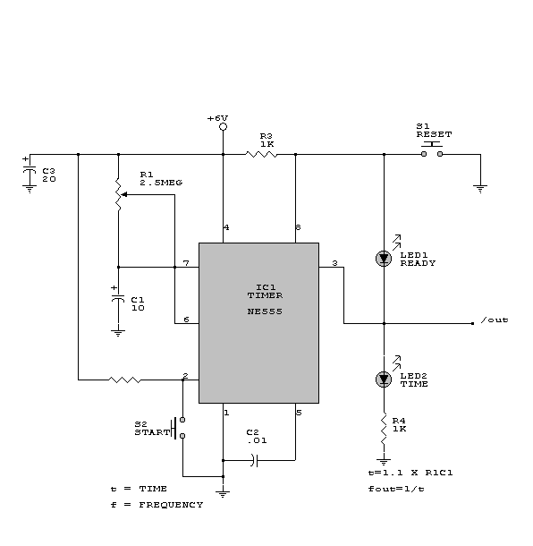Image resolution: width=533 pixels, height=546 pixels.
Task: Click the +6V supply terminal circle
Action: (224, 127)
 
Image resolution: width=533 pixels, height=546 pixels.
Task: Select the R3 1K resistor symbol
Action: (261, 154)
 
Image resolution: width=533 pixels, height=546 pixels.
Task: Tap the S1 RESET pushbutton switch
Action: (432, 149)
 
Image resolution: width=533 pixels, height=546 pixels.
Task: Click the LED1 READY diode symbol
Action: (384, 259)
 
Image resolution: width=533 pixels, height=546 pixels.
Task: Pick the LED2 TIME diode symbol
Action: (384, 380)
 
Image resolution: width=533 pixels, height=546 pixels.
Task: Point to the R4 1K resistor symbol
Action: (384, 429)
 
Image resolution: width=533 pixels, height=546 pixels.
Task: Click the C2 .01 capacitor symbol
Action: (255, 460)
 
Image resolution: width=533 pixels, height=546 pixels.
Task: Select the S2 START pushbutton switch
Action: (178, 428)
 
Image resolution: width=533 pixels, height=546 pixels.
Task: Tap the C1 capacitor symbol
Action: (118, 299)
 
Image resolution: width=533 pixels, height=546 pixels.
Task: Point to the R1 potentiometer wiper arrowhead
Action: (124, 194)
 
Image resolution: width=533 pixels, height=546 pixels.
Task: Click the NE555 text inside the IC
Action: (265, 311)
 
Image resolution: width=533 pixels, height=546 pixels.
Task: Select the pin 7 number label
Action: (186, 263)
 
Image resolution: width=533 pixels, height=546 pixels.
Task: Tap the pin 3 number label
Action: (334, 263)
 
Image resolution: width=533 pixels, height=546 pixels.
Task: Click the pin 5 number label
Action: (299, 413)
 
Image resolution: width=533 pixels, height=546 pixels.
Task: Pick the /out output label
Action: (495, 320)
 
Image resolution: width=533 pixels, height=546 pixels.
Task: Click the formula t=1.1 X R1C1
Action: (410, 473)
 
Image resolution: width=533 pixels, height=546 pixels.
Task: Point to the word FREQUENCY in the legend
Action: (171, 505)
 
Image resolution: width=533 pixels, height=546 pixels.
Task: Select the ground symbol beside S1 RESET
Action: (480, 189)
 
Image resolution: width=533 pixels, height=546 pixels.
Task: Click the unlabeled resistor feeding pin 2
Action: (125, 380)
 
